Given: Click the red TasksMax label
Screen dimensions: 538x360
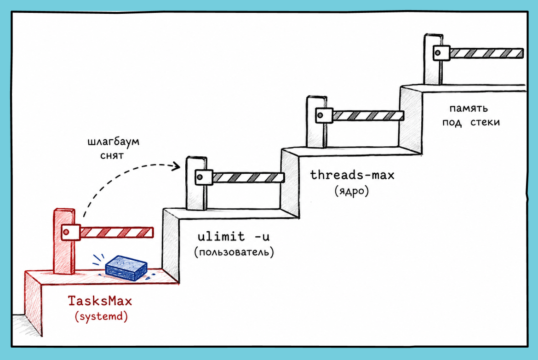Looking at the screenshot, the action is [x=100, y=301].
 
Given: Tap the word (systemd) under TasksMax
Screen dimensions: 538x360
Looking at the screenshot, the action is [x=101, y=316].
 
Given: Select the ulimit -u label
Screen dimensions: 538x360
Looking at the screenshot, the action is [x=234, y=236].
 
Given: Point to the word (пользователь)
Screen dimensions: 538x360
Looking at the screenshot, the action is [x=234, y=252].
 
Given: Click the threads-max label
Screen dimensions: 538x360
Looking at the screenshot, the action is [x=352, y=175].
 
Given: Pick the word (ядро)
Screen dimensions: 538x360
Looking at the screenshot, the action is [x=352, y=190].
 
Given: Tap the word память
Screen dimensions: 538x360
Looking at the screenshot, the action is [x=469, y=109].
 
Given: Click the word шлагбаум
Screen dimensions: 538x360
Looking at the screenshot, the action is [x=114, y=142].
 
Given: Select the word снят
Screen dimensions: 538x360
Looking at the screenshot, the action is [x=112, y=155].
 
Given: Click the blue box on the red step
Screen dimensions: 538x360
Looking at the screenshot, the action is [x=126, y=268].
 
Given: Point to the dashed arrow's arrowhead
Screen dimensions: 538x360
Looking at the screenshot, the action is [x=177, y=166].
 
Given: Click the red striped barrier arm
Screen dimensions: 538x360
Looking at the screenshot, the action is [x=117, y=232].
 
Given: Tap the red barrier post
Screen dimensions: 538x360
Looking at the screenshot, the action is [x=64, y=241].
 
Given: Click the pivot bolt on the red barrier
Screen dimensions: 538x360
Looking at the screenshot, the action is [x=66, y=232].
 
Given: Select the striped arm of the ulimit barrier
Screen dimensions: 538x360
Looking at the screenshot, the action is [x=248, y=177].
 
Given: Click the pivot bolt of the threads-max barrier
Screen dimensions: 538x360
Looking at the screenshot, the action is [x=320, y=115].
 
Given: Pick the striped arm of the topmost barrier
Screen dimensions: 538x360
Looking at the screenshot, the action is [x=486, y=53].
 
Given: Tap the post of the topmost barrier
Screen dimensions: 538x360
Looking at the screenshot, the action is [x=433, y=59].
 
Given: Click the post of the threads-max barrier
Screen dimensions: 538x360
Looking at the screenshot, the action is [x=316, y=122].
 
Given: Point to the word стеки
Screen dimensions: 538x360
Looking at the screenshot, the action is [x=485, y=122].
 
